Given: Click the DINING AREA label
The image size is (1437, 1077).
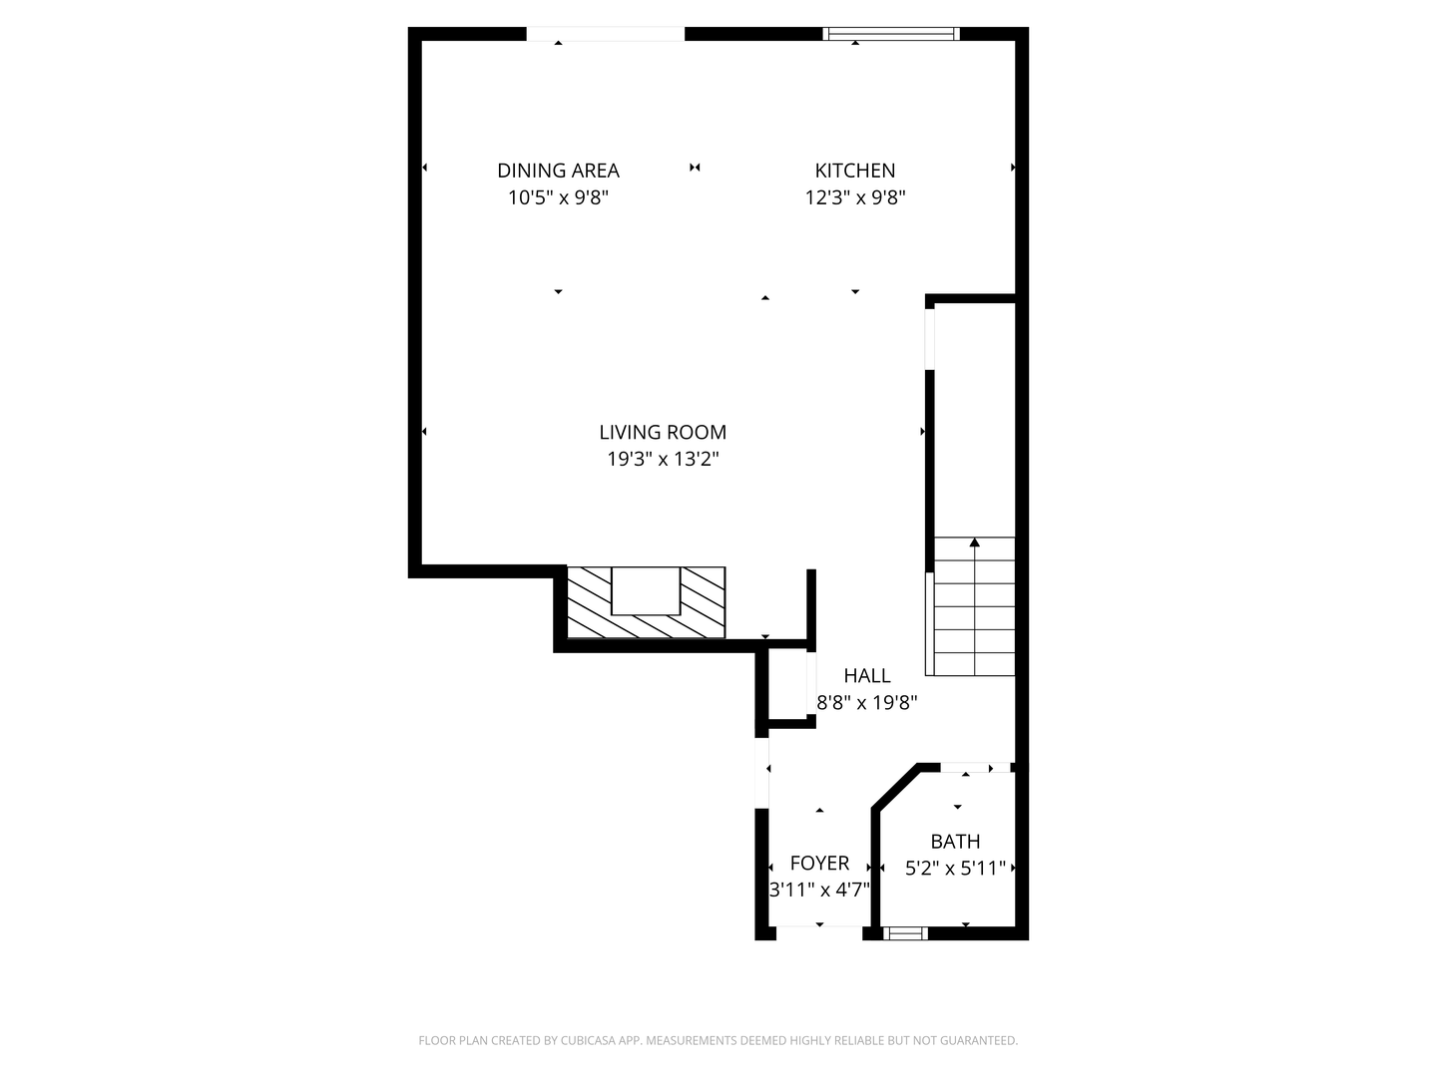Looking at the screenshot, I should pyautogui.click(x=558, y=171).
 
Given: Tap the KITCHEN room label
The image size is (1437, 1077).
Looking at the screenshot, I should pyautogui.click(x=855, y=171).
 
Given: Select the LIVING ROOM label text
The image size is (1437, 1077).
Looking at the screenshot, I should pyautogui.click(x=663, y=432).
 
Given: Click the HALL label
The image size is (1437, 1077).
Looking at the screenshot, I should pyautogui.click(x=866, y=675).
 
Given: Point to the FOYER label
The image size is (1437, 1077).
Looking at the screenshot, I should pyautogui.click(x=819, y=863).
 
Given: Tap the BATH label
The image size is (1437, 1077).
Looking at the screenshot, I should pyautogui.click(x=955, y=841).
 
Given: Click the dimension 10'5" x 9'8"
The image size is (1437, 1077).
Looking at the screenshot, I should pyautogui.click(x=558, y=197).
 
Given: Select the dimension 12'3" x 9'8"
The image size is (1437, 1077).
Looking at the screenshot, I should pyautogui.click(x=855, y=197).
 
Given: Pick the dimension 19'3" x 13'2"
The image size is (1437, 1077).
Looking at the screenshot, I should pyautogui.click(x=663, y=459).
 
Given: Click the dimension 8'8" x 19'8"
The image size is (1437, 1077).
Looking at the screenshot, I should pyautogui.click(x=866, y=702).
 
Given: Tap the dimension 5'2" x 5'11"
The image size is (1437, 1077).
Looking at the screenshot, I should pyautogui.click(x=955, y=869).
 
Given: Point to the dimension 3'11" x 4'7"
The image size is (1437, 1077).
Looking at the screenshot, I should pyautogui.click(x=819, y=890).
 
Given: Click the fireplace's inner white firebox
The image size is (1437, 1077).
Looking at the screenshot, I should pyautogui.click(x=646, y=590).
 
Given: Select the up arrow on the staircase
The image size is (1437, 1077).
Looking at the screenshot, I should pyautogui.click(x=974, y=543).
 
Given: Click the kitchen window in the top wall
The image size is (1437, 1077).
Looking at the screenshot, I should pyautogui.click(x=890, y=34).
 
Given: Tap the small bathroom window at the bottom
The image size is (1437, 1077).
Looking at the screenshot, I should pyautogui.click(x=905, y=933).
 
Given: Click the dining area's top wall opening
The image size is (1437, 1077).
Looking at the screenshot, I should pyautogui.click(x=605, y=34).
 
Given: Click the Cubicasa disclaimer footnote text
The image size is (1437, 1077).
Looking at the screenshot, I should pyautogui.click(x=718, y=1040).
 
